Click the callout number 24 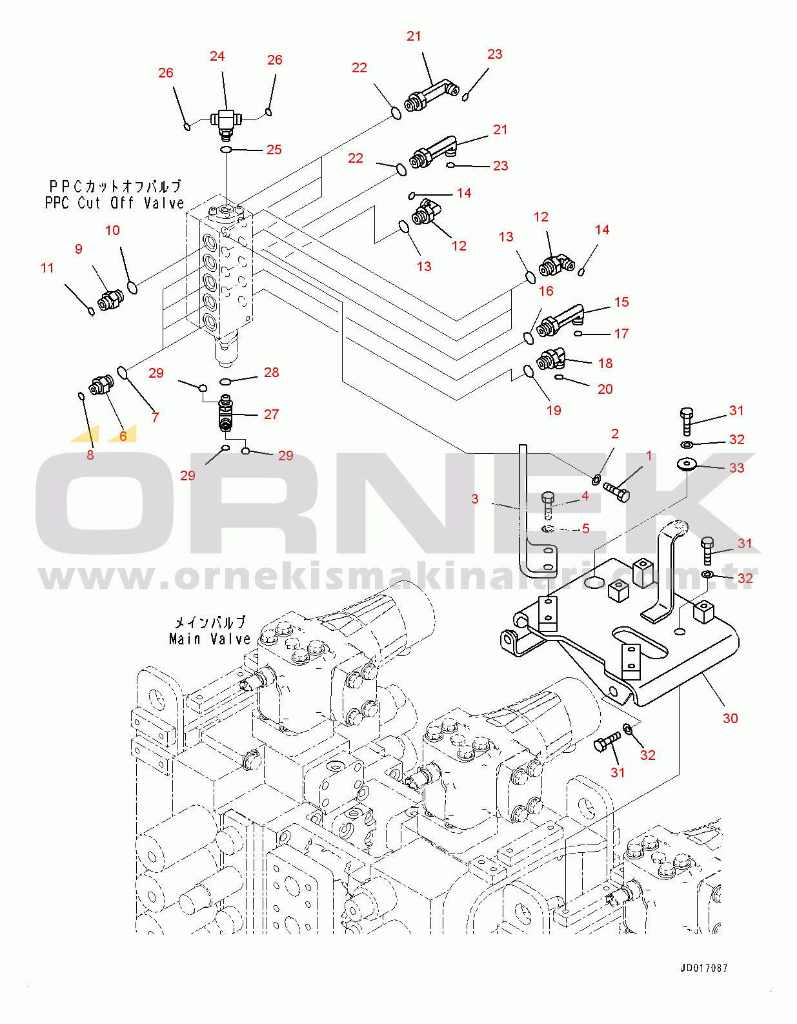pos(217,56)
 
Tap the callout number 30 pos(730,718)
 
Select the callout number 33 pos(736,467)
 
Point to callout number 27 pos(271,415)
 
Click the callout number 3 pos(475,498)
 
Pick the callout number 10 pos(112,230)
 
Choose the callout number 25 pos(274,150)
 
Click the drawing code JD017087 pos(703,968)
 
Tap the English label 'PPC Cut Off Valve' pos(114,203)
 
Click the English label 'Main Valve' pos(209,639)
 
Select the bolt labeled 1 pos(616,492)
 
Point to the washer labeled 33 pos(686,464)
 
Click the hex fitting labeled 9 pos(110,299)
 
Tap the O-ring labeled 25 pos(226,150)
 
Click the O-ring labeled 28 pos(226,381)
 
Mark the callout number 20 pos(605,389)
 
